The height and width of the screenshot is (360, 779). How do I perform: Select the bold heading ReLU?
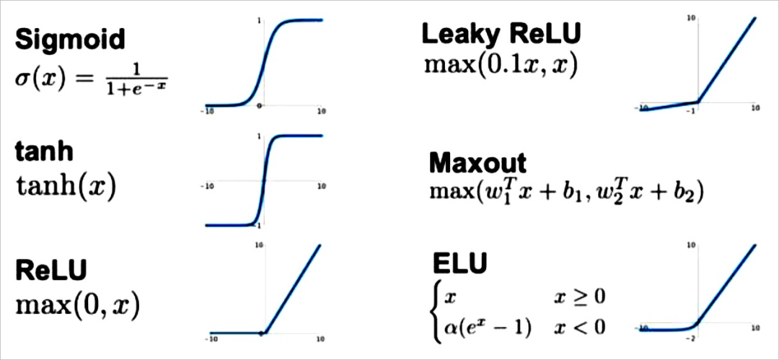(51, 271)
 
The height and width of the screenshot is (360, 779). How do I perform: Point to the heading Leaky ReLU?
(501, 33)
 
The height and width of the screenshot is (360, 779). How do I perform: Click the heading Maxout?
(477, 163)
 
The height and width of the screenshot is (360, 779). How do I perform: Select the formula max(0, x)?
(77, 304)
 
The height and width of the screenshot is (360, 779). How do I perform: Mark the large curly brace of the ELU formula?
(436, 312)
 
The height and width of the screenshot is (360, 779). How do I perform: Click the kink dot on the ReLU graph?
(263, 333)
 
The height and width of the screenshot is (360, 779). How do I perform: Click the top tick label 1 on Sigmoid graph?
(259, 21)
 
